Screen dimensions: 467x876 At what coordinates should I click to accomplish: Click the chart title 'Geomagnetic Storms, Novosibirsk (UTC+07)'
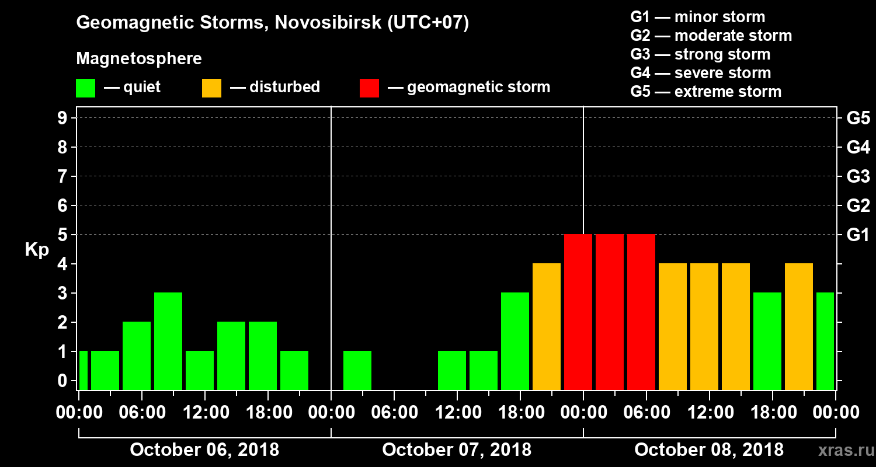[272, 23]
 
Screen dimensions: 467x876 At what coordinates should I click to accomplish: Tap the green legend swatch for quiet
[85, 88]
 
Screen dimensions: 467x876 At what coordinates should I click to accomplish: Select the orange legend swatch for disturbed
[211, 88]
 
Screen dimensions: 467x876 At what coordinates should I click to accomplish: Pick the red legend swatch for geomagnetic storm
[369, 88]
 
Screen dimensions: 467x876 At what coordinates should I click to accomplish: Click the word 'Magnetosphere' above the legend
[139, 59]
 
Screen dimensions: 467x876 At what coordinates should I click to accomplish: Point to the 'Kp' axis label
[36, 250]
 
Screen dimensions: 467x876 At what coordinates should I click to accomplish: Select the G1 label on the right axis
[858, 235]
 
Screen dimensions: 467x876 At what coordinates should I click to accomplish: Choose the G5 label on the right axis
[858, 118]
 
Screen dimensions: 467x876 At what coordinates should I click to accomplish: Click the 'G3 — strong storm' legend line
[700, 54]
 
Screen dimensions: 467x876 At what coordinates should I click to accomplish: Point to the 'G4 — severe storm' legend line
[701, 73]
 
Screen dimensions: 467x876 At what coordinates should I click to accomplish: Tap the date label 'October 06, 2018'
[204, 449]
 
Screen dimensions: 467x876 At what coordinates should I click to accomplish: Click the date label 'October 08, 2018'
[709, 449]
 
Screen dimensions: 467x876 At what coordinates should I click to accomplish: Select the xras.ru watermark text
[841, 450]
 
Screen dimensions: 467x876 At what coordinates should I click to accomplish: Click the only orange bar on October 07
[547, 326]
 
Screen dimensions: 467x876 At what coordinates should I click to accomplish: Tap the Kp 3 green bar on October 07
[515, 341]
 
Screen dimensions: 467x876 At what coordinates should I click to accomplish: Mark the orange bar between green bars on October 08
[799, 326]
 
